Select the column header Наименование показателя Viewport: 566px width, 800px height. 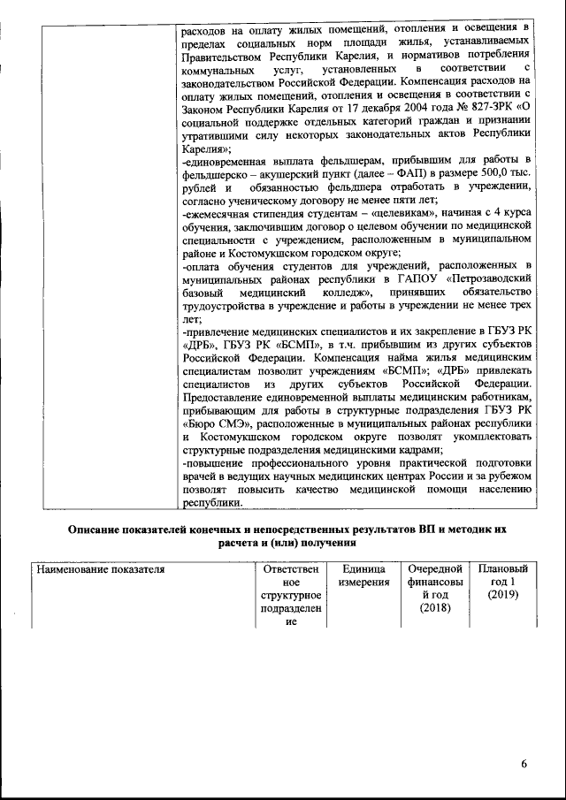click(101, 570)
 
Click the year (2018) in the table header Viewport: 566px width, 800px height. click(434, 608)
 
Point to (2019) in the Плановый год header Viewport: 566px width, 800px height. click(503, 596)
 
